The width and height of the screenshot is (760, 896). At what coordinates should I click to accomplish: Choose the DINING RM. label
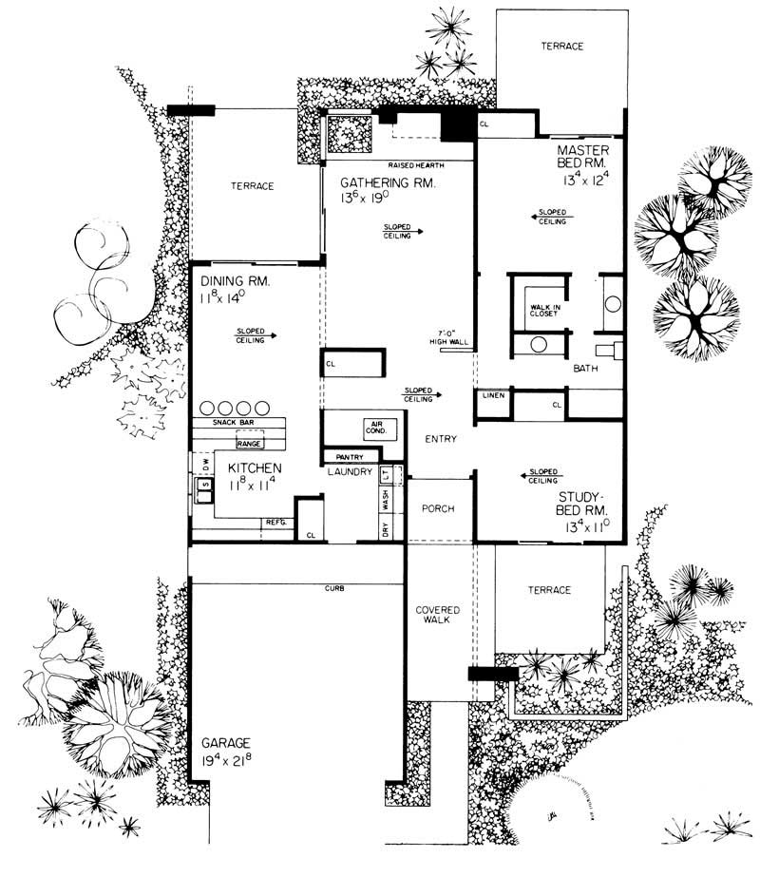click(237, 282)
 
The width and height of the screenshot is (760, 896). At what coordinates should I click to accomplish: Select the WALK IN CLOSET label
click(537, 312)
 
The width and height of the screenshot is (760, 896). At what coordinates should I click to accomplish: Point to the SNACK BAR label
click(231, 423)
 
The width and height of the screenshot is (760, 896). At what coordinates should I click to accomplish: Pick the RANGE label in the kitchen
click(250, 444)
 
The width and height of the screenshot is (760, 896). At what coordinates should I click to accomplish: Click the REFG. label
click(275, 522)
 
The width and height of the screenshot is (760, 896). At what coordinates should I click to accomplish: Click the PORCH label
click(438, 508)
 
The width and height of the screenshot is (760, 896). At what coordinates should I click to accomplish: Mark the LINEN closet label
click(492, 394)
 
